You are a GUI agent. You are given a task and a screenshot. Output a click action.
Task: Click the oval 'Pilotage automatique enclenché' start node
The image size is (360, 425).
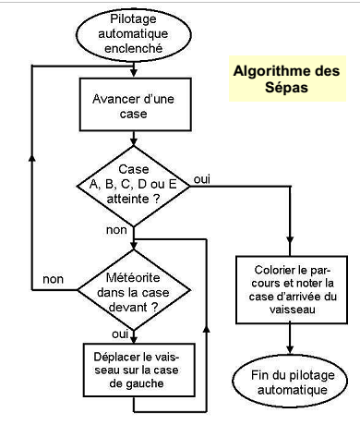coord(134,32)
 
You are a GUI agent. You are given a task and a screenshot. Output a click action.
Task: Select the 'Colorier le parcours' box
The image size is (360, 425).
coord(291,289)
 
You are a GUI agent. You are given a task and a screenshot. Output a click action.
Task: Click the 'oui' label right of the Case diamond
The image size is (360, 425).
coord(203,178)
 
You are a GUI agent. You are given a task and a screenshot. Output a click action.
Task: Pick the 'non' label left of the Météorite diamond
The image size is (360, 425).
coord(54,278)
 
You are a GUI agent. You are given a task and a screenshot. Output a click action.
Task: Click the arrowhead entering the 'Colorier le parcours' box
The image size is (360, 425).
coord(291,250)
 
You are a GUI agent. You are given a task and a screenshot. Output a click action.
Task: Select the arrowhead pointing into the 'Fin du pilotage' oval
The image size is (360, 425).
coord(291,349)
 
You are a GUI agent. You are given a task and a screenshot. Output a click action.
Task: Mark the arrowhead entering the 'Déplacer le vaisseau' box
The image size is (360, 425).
coord(134,339)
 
